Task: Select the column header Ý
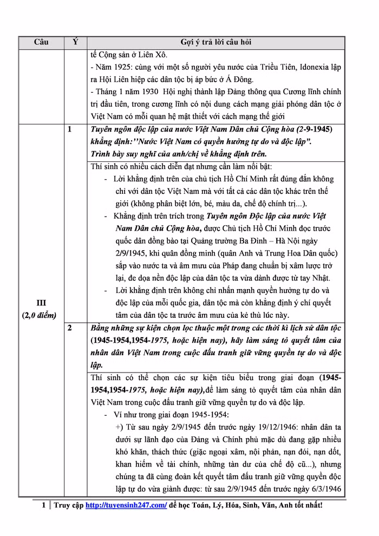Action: pos(75,42)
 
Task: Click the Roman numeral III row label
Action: pos(41,303)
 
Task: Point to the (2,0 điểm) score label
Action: pos(41,315)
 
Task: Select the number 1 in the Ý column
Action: pos(69,130)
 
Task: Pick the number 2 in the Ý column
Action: pos(69,328)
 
